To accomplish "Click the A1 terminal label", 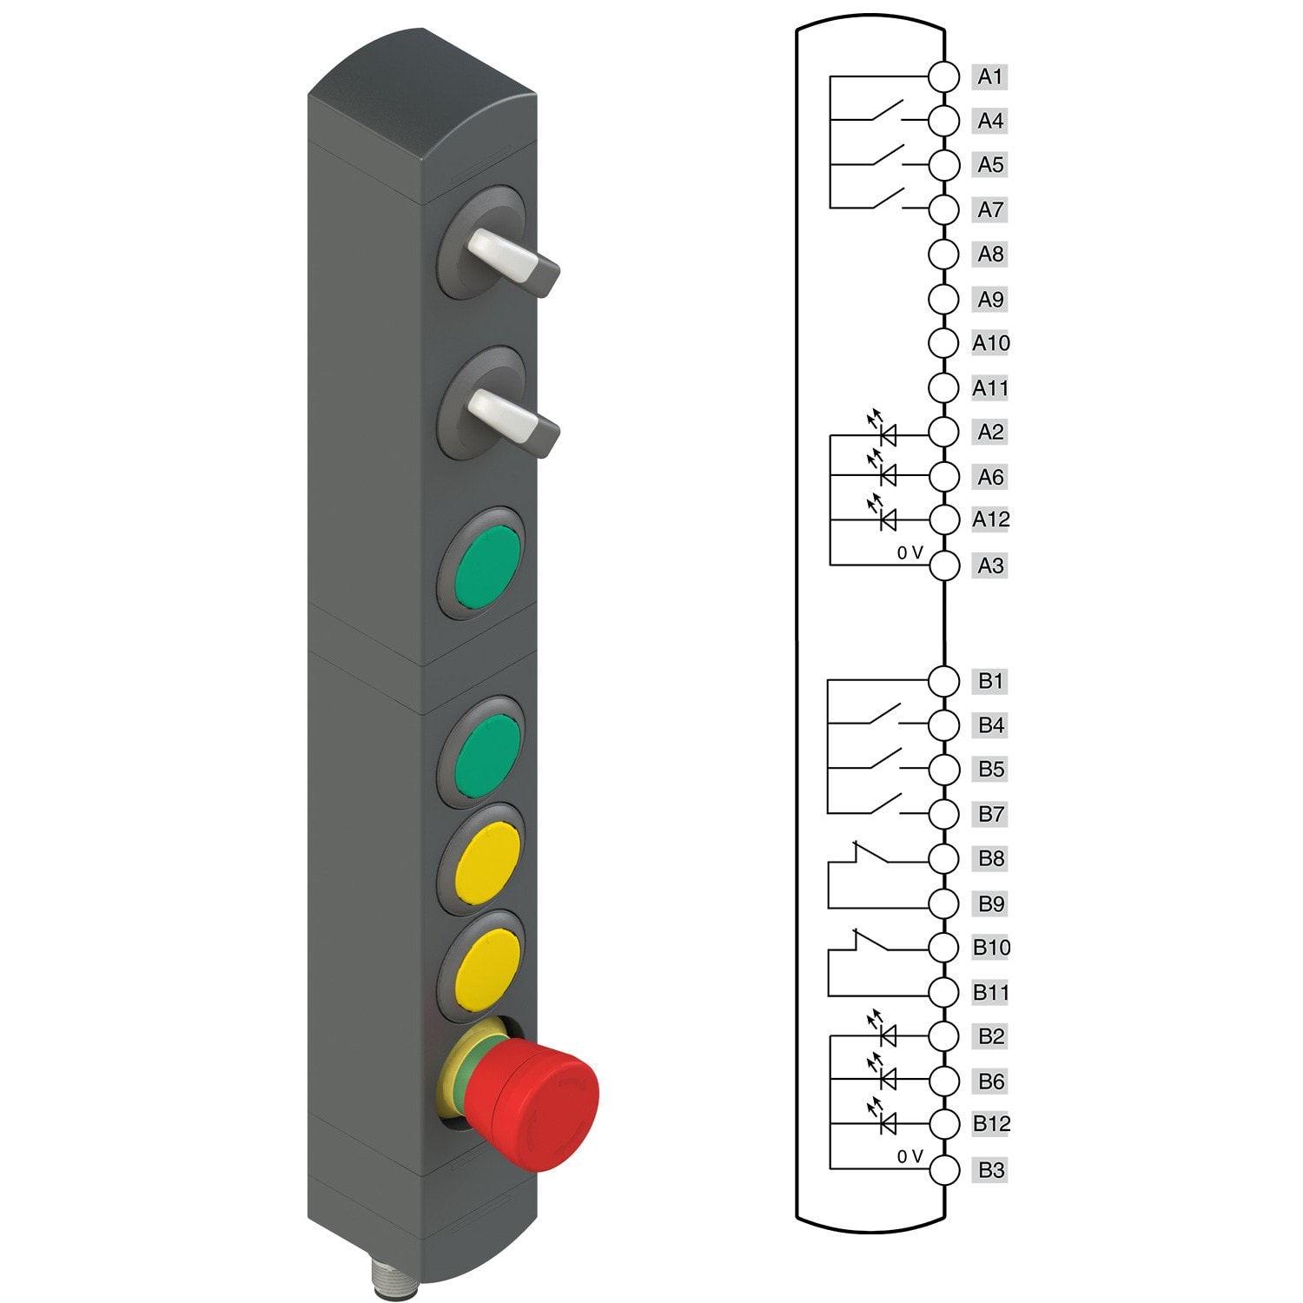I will [x=989, y=76].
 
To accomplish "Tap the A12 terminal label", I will [x=990, y=519].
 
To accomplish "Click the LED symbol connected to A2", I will [x=886, y=433].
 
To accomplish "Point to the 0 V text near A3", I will [x=909, y=552].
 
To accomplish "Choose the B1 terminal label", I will [x=990, y=681].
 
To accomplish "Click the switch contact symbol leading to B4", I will [x=884, y=716].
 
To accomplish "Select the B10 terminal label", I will [x=990, y=947].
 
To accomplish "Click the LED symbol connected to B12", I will [x=886, y=1124].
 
